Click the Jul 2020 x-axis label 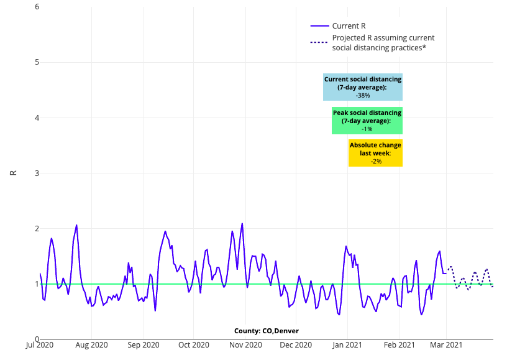40,344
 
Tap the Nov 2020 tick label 244,344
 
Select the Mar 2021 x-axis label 446,344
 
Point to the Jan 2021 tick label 347,344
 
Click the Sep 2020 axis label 144,344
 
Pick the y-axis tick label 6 37,7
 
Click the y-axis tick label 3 37,173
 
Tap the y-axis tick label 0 37,339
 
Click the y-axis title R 13,173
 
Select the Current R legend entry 349,25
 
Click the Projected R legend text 383,43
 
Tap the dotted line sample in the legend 319,43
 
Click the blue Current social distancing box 363,87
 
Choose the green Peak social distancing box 367,121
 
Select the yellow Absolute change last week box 375,153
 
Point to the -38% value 363,96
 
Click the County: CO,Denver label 266,331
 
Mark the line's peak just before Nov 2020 242,224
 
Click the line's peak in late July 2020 76,225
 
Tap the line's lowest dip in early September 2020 155,310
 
